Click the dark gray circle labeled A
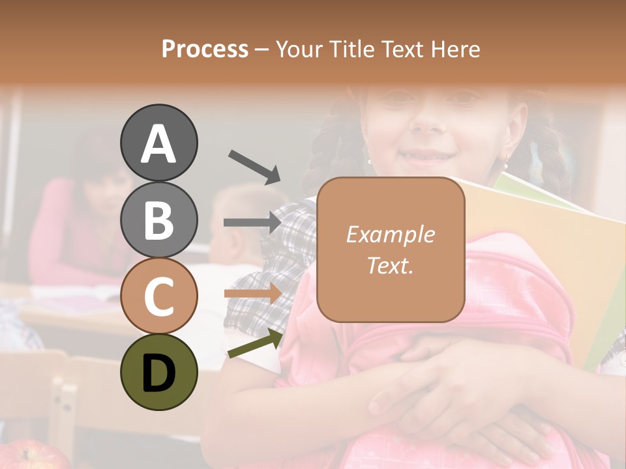(159, 143)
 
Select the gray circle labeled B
(159, 219)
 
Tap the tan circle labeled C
(159, 295)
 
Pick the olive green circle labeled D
(159, 371)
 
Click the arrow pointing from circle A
(254, 167)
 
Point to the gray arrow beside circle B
(252, 222)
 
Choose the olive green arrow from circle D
(255, 344)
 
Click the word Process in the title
(205, 49)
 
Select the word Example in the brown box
(390, 234)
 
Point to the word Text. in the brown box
(390, 265)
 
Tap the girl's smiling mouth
(424, 156)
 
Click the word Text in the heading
(406, 49)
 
